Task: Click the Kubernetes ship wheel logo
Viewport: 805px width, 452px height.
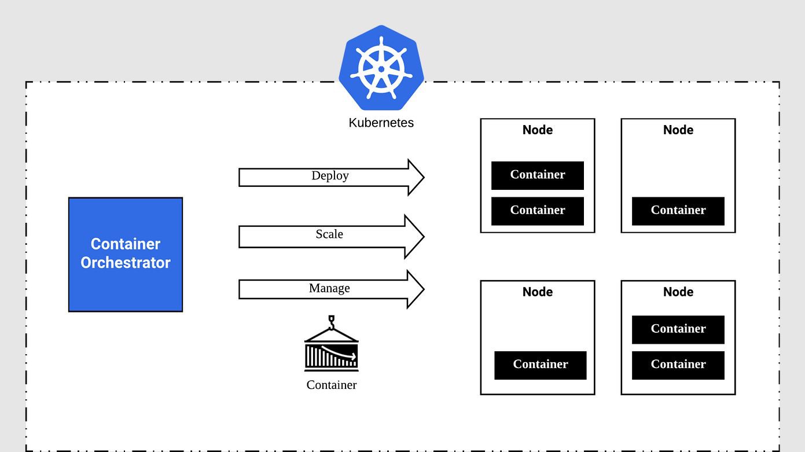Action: click(x=381, y=68)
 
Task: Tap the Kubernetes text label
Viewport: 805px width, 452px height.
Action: click(x=381, y=123)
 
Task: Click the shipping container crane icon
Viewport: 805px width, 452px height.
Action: click(x=331, y=350)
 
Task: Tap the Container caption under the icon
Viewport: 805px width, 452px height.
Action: click(x=331, y=385)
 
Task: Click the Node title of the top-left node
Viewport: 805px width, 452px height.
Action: click(x=537, y=130)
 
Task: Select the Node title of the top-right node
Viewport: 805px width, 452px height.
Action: click(x=678, y=130)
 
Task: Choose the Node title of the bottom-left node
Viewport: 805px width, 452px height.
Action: click(x=537, y=292)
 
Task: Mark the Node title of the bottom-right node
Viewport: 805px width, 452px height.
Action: click(x=678, y=292)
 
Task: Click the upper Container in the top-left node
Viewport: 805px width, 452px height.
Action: click(x=537, y=175)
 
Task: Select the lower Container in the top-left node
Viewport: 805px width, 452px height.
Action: click(x=537, y=211)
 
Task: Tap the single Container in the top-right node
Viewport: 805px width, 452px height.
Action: click(x=678, y=211)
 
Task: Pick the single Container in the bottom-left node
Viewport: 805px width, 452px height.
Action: click(x=540, y=365)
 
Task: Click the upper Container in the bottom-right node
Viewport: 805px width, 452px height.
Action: click(x=678, y=329)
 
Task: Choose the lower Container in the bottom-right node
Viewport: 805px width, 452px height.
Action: click(x=678, y=365)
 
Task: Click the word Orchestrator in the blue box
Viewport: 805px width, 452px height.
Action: click(x=126, y=263)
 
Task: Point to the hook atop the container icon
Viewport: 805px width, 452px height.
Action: click(x=332, y=321)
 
